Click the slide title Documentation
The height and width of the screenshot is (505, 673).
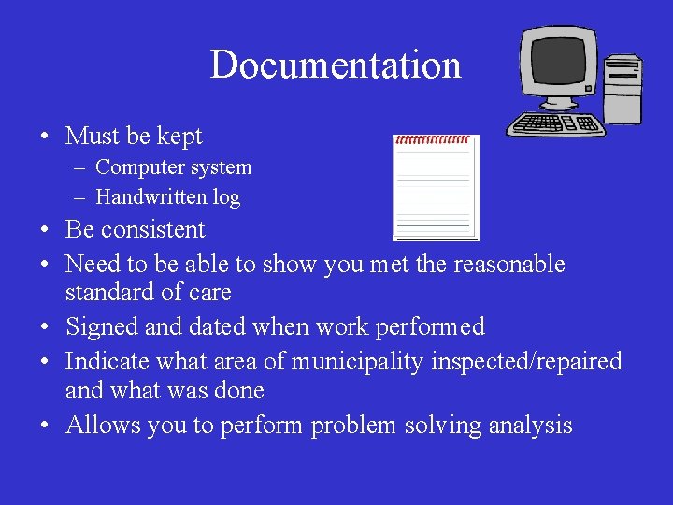click(x=336, y=65)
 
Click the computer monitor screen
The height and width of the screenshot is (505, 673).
click(x=559, y=64)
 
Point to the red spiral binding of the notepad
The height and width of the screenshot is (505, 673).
click(x=434, y=139)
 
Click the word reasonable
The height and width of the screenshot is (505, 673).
click(x=509, y=265)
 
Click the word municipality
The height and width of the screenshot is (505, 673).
click(x=357, y=362)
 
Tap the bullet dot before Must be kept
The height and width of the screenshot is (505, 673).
click(x=44, y=137)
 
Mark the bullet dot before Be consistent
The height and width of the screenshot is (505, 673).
click(x=44, y=231)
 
